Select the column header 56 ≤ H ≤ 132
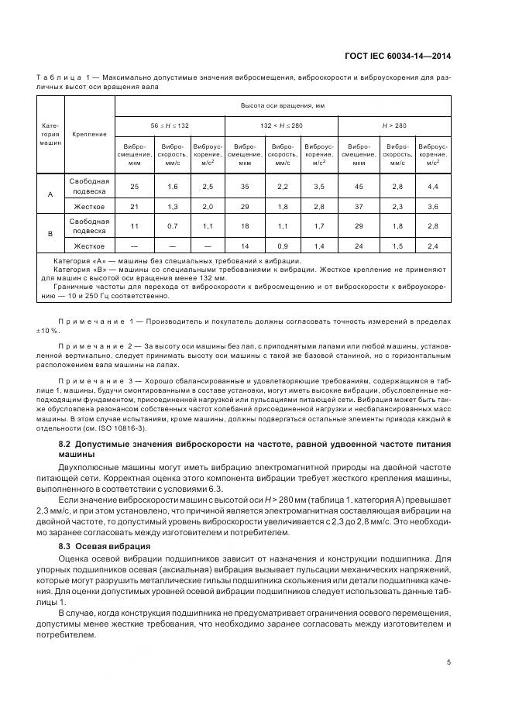(170, 125)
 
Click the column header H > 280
(394, 125)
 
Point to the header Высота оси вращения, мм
(281, 105)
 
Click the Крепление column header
(89, 134)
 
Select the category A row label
(50, 194)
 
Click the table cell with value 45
(359, 187)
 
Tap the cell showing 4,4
(433, 187)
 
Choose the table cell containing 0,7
(172, 225)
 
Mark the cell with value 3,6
(433, 206)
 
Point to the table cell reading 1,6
(172, 187)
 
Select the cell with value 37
(359, 206)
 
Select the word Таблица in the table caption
(56, 78)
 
